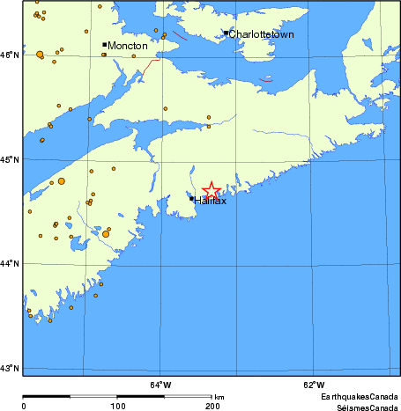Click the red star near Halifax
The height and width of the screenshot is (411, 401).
pos(212,190)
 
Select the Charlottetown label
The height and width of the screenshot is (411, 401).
pos(263,34)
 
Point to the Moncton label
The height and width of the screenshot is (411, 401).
pos(127,45)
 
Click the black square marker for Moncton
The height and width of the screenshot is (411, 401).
pos(105,44)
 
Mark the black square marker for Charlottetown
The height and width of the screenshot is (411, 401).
pos(226,33)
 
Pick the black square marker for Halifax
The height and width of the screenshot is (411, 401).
pos(191,199)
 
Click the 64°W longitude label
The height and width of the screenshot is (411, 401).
pos(160,384)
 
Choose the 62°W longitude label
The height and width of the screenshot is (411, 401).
pos(313,384)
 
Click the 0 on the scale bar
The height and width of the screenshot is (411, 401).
pos(24,406)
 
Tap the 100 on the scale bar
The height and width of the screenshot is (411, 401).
pos(117,406)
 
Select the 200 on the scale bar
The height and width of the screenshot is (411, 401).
pos(212,406)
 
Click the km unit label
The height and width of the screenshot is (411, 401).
pos(219,397)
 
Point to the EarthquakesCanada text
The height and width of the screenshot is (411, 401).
pos(359,396)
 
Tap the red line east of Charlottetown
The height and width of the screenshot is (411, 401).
pos(267,80)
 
